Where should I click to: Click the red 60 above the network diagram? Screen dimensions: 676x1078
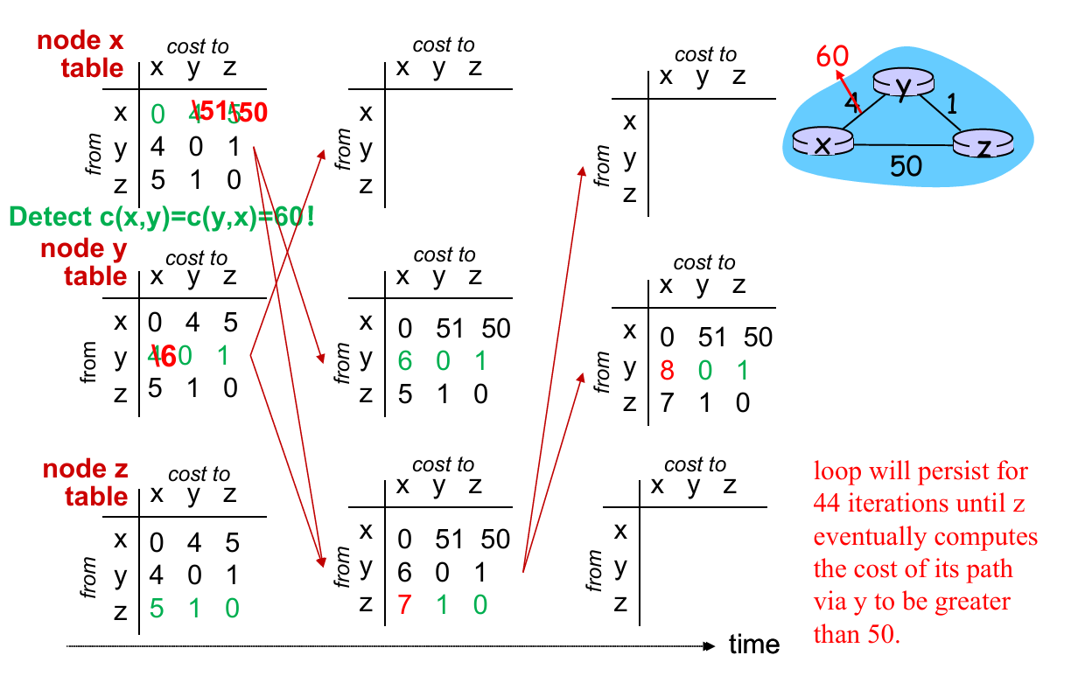click(832, 56)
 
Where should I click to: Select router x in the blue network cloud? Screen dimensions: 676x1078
click(822, 143)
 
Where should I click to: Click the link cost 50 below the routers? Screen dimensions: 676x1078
click(906, 165)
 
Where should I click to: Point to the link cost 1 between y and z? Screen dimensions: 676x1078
click(953, 105)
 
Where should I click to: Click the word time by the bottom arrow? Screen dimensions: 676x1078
click(753, 645)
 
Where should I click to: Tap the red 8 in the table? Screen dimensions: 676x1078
click(667, 370)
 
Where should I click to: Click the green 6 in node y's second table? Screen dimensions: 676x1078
click(403, 360)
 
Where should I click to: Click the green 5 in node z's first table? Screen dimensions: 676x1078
click(156, 608)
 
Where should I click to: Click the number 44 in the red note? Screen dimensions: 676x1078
click(830, 504)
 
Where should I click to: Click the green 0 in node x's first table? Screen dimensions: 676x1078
click(157, 114)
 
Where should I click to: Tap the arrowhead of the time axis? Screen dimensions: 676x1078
click(710, 646)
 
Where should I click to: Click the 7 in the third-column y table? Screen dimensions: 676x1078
click(667, 403)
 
